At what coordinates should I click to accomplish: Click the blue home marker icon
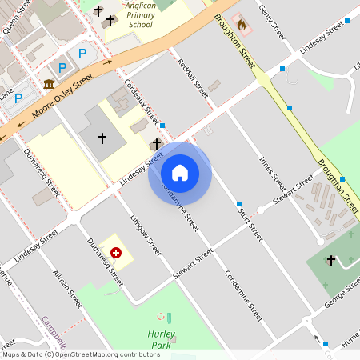pos(180,172)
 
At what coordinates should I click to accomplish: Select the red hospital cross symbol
pos(116,253)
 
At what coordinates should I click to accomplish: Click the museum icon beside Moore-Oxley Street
pos(49,84)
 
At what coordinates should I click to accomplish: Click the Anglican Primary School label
pos(139,14)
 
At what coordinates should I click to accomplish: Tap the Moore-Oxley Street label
pos(62,97)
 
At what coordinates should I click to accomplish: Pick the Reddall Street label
pos(192,78)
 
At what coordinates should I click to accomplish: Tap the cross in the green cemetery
pos(331,260)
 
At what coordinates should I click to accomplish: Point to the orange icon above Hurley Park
pos(161,317)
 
